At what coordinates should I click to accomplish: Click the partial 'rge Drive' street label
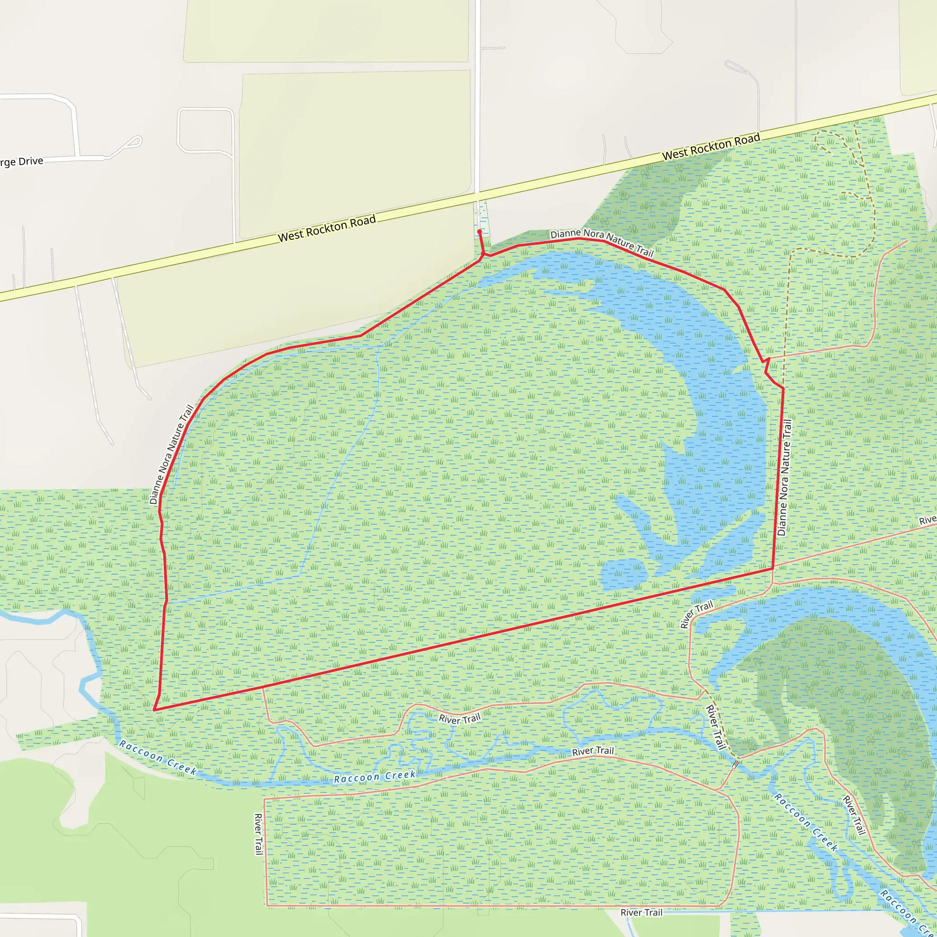pos(22,162)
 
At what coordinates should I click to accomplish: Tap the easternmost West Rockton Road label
pos(711,147)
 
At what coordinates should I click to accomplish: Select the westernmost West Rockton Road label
pos(326,228)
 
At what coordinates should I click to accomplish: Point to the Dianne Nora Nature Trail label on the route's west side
pos(171,454)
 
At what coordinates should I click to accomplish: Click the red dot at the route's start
pos(479,232)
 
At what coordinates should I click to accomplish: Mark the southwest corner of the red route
pos(154,710)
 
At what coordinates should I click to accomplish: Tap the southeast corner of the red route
pos(773,568)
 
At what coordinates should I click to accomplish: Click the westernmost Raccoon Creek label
pos(158,758)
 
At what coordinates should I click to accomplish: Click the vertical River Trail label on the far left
pos(258,834)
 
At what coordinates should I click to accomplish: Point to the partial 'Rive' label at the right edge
pos(927,520)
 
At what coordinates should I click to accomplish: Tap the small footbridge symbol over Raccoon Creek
pos(736,765)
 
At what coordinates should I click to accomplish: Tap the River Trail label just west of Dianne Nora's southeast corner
pos(696,614)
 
